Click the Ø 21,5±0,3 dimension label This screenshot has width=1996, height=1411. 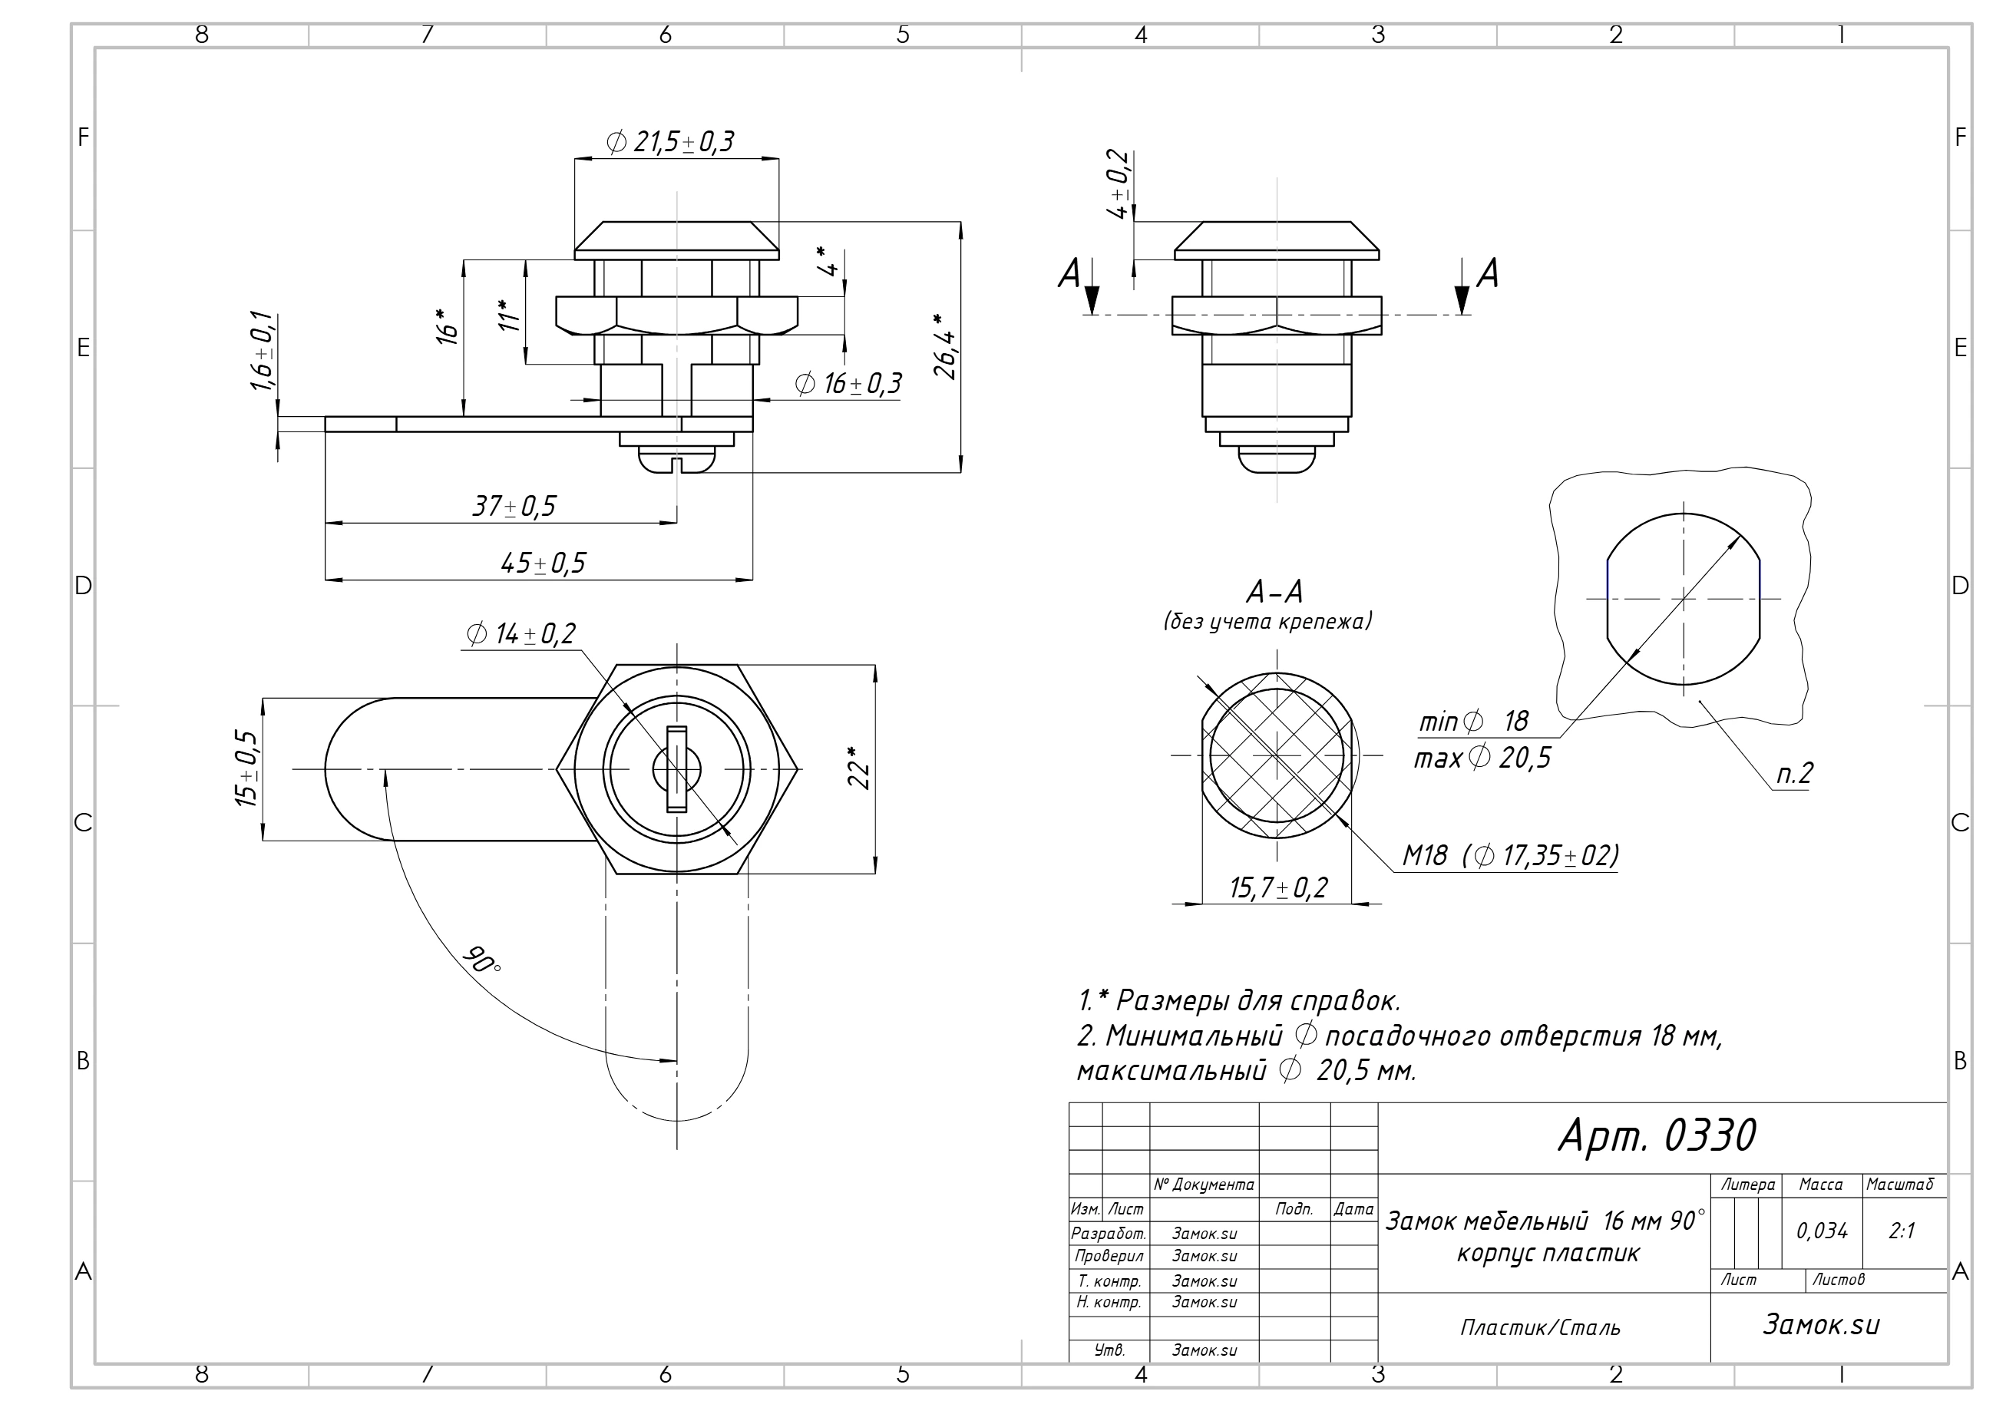[670, 142]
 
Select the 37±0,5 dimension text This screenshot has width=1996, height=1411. [514, 506]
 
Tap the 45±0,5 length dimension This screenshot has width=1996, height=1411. [544, 563]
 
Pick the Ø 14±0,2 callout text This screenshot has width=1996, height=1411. [520, 634]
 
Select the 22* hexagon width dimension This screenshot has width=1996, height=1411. [859, 768]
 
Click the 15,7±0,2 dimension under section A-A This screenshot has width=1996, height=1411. [1278, 887]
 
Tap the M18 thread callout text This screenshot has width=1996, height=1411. [1511, 856]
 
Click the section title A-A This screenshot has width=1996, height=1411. [1274, 592]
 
